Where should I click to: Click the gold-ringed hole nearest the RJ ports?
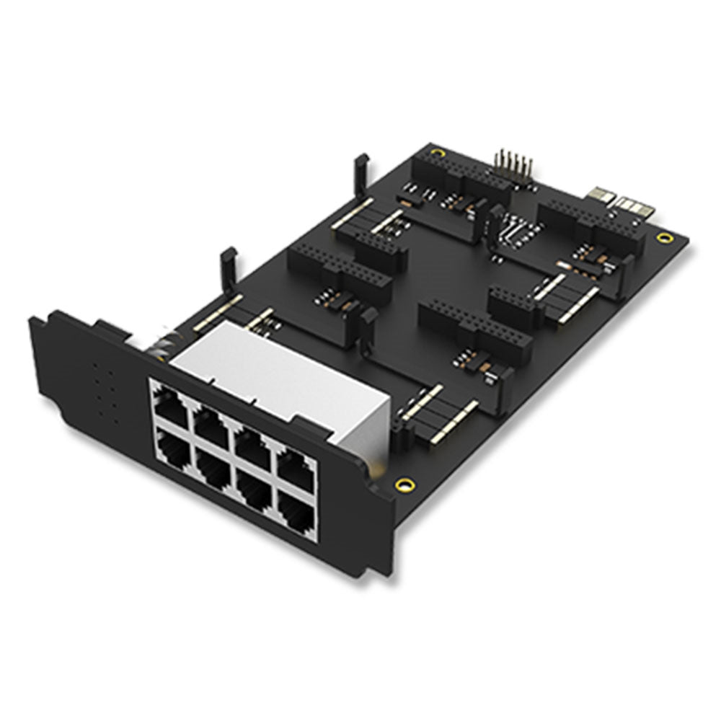tap(405, 484)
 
